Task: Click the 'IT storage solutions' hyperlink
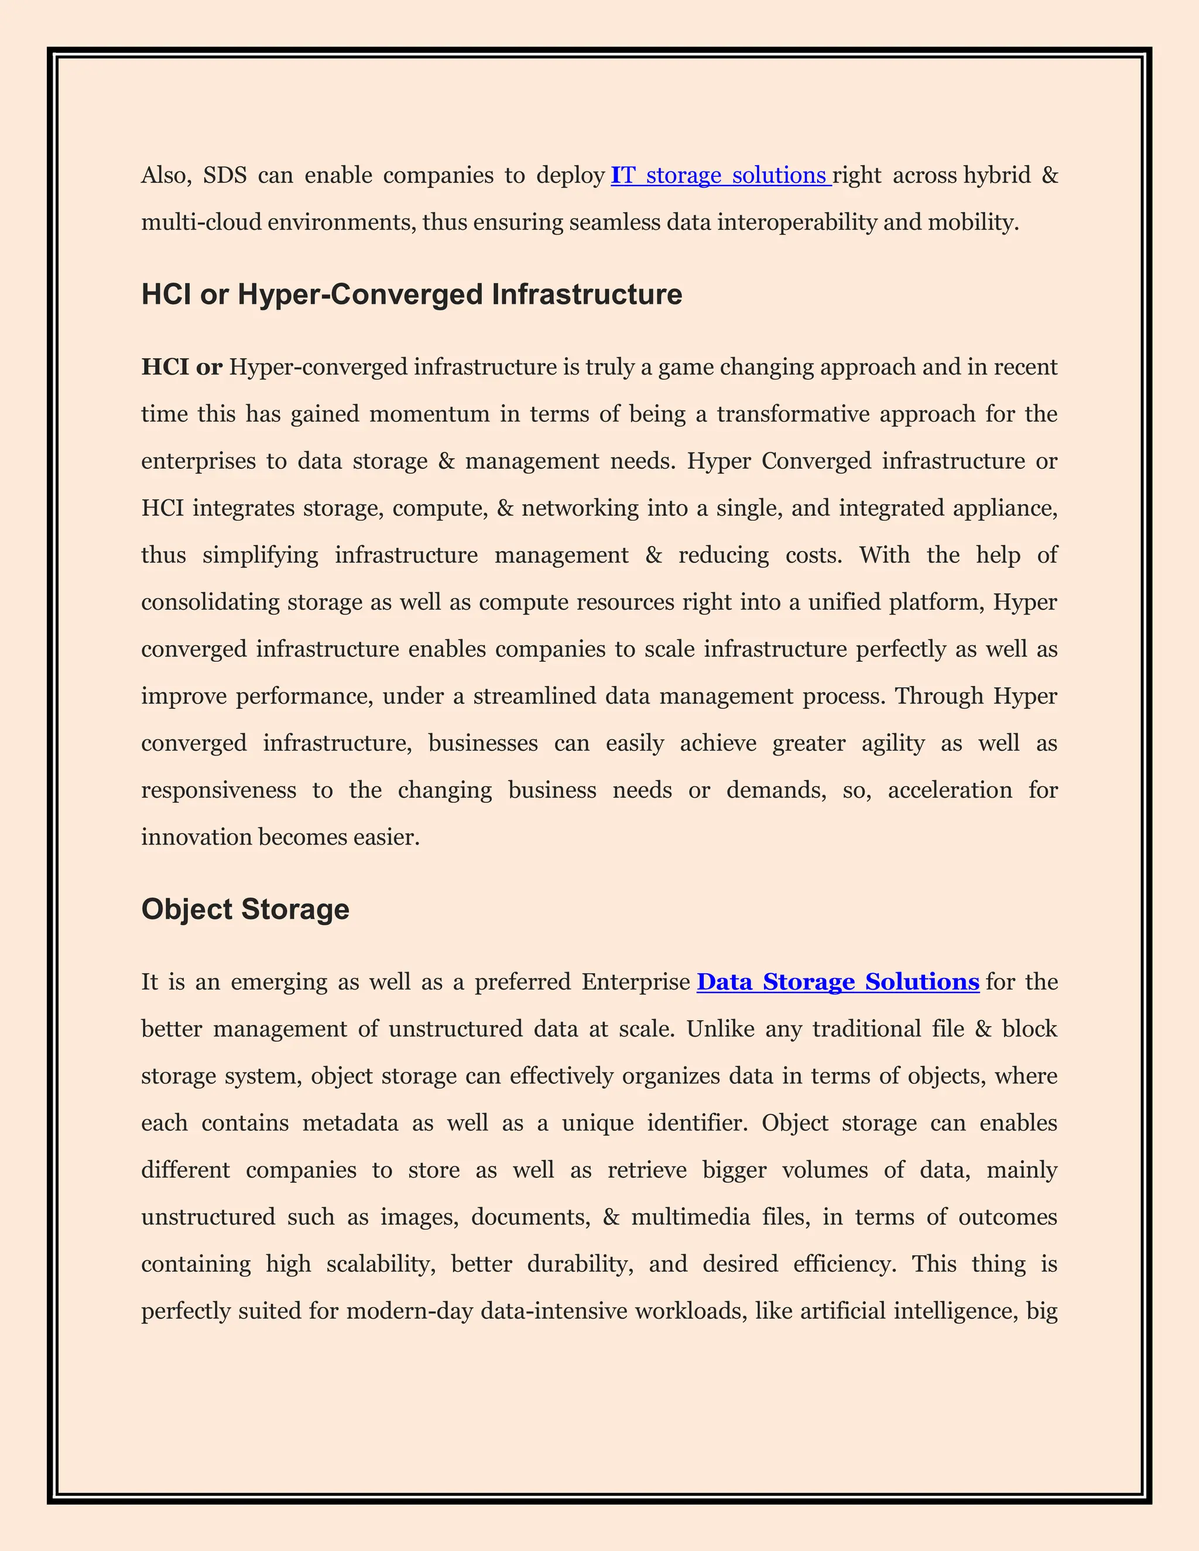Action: point(720,176)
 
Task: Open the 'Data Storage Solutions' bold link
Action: point(837,982)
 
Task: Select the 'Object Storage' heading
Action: point(245,910)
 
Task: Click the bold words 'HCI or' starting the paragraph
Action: point(182,367)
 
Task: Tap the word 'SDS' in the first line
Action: point(224,176)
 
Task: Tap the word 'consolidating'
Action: point(210,602)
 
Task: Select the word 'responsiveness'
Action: point(219,790)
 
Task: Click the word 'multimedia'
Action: point(690,1217)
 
